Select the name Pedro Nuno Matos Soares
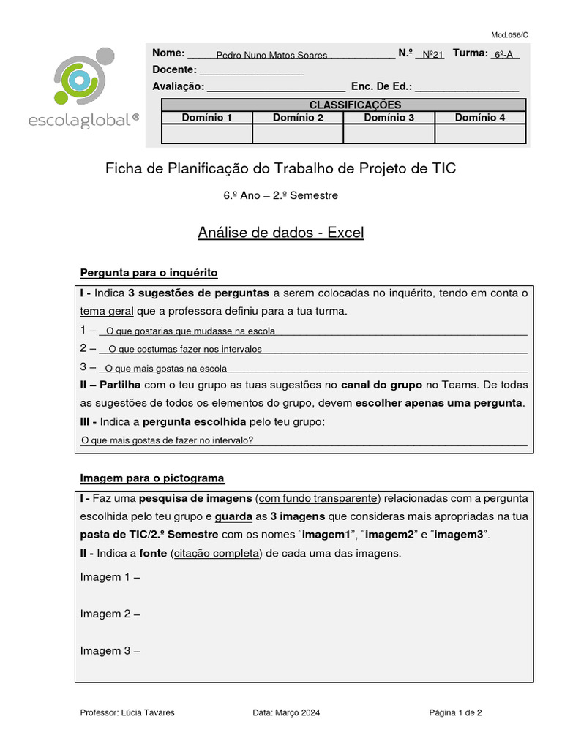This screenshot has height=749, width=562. point(271,55)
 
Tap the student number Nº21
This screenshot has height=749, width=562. point(433,55)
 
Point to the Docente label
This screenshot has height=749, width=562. point(174,69)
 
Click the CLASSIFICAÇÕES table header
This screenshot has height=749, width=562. point(344,105)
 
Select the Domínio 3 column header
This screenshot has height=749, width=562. point(389,117)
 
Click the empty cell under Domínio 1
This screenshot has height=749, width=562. point(206,134)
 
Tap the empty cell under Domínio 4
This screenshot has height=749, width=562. point(480,134)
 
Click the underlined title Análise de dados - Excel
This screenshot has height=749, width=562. point(280,233)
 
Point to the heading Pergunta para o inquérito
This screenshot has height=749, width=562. point(149,273)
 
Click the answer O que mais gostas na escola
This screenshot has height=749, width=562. point(166,368)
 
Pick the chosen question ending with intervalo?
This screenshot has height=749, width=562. point(167,440)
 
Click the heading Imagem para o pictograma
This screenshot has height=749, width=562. point(151,478)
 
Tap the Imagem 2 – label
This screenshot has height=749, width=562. point(110,614)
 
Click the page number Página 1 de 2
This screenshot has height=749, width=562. point(454,712)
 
